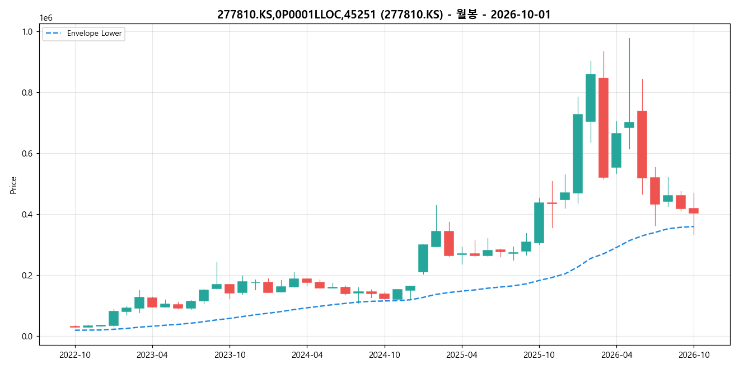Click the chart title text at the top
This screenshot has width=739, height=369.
[x=383, y=15]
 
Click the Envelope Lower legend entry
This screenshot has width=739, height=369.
[x=84, y=34]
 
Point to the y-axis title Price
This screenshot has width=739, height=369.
[x=13, y=185]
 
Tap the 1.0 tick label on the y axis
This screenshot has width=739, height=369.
[x=27, y=32]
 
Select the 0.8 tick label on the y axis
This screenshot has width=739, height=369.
[x=27, y=93]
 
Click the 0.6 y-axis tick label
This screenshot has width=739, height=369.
[x=27, y=154]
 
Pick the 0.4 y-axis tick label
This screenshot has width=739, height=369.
[x=27, y=215]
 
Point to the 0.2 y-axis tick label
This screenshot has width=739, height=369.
[x=27, y=276]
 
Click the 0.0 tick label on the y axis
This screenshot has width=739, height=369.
[x=27, y=337]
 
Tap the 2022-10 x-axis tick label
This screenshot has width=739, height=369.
[x=75, y=355]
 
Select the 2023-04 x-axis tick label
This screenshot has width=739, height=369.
[x=152, y=355]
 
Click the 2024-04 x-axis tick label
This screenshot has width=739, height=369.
[x=307, y=355]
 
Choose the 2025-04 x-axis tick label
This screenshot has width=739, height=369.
[x=462, y=355]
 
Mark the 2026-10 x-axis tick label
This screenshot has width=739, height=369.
[x=694, y=355]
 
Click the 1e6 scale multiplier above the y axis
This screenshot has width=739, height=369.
[x=46, y=18]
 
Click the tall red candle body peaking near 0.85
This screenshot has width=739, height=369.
[x=604, y=128]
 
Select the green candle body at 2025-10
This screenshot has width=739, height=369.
[x=539, y=223]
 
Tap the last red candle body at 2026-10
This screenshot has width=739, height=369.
[x=694, y=211]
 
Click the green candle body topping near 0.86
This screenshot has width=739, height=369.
[x=591, y=98]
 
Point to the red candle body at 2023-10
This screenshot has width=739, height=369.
[x=230, y=289]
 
